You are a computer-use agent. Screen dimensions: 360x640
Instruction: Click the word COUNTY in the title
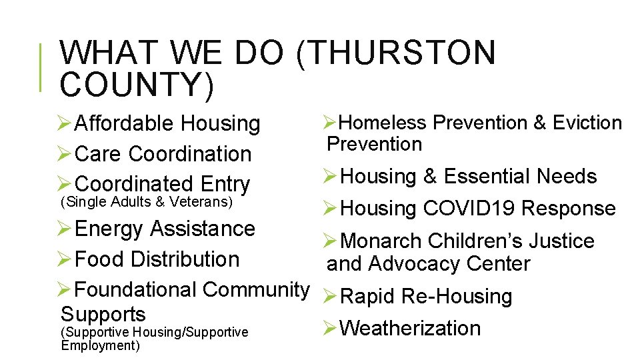click(133, 85)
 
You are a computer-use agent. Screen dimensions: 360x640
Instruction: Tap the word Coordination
click(190, 154)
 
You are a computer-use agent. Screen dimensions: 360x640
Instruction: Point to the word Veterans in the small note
click(206, 201)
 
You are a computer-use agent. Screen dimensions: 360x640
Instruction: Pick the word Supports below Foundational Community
click(103, 314)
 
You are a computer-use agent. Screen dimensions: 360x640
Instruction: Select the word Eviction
click(587, 123)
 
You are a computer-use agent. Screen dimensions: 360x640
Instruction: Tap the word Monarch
click(381, 241)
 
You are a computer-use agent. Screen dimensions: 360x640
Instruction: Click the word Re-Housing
click(457, 297)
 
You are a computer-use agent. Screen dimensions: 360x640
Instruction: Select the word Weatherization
click(410, 328)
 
